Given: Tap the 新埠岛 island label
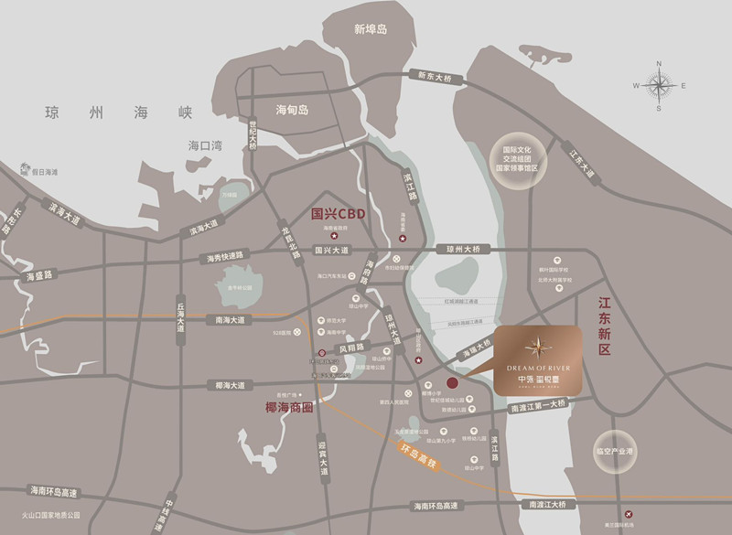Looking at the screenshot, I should coord(371,29).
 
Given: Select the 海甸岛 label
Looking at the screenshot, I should coord(293,111).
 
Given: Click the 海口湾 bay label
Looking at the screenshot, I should coord(205,145).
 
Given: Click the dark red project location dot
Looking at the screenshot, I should coord(452,383).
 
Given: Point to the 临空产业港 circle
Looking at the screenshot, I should coord(615,451).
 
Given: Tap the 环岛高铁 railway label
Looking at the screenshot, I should coord(420,455).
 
